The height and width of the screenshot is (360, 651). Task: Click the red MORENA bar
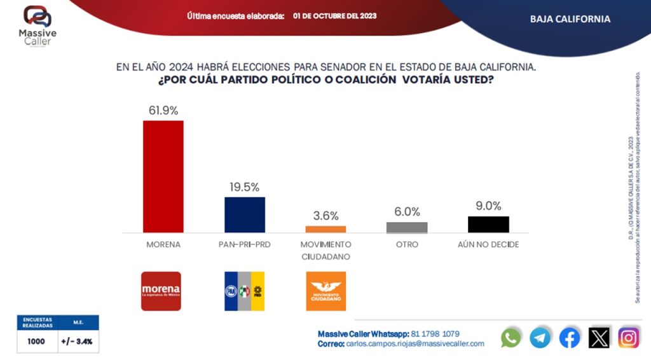(x=163, y=176)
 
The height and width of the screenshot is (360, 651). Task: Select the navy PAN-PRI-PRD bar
(x=245, y=214)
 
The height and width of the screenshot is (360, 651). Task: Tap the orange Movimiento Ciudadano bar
(x=325, y=229)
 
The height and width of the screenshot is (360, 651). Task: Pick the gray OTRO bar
(x=407, y=227)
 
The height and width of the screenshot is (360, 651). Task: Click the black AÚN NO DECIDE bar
(x=488, y=225)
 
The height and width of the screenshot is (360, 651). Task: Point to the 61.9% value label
(x=163, y=110)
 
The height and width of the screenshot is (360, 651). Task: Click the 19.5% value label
(x=245, y=187)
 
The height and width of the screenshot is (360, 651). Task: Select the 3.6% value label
(x=325, y=216)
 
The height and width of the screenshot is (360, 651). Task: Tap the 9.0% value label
(x=488, y=206)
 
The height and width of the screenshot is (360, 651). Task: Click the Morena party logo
(x=161, y=291)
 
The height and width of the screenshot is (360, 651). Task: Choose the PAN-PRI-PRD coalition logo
(x=244, y=291)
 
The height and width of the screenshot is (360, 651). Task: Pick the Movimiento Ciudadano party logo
(x=325, y=291)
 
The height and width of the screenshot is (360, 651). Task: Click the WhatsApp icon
(x=511, y=337)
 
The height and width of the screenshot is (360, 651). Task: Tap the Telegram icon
(x=540, y=337)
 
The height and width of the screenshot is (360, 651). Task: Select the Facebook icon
(x=570, y=337)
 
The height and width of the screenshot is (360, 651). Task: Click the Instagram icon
(x=628, y=337)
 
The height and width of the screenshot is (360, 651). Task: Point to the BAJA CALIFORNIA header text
(x=570, y=19)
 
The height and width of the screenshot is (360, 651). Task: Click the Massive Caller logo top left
(x=37, y=24)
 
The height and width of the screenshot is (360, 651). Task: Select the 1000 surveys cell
(x=37, y=341)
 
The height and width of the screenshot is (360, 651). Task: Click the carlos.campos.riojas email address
(x=416, y=343)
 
